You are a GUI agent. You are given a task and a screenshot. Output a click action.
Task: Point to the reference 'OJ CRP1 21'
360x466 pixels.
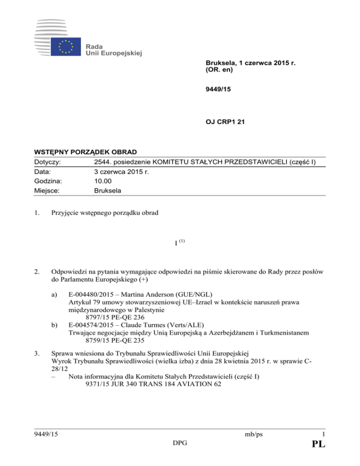coord(225,123)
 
